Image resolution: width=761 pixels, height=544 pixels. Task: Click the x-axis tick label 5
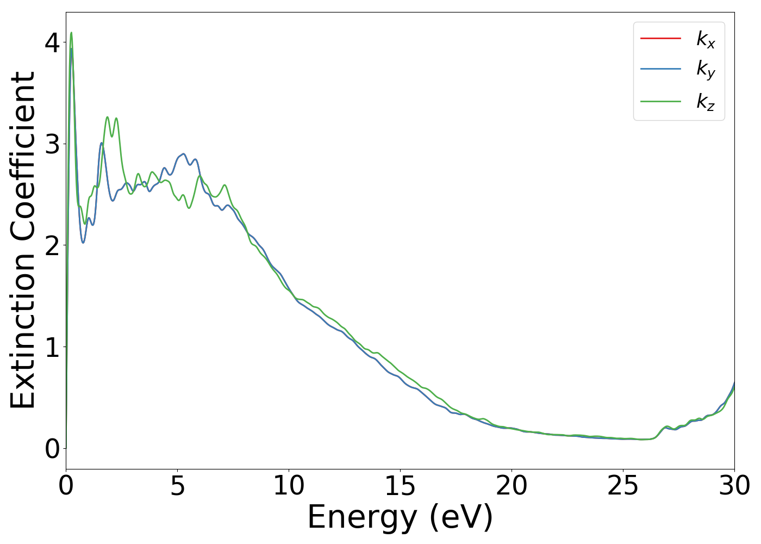178,486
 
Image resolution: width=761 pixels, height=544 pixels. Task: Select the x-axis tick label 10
289,486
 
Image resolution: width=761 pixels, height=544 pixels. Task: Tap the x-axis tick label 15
400,486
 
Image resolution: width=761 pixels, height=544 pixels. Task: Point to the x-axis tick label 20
512,486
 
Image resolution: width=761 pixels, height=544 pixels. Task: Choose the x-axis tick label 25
623,486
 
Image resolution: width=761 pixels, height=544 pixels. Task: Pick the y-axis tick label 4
52,42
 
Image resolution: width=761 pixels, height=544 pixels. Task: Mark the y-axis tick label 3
52,144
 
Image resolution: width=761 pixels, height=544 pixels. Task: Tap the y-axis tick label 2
52,246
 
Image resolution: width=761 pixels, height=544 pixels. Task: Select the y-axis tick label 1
52,347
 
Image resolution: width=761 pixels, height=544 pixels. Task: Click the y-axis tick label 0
52,449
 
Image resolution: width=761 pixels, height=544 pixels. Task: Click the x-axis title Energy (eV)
400,517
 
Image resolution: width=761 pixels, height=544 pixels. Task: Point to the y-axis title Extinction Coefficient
23,240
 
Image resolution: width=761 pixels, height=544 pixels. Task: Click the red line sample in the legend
660,38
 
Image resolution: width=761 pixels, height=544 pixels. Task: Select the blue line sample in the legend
660,69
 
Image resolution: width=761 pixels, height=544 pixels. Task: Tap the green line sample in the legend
660,101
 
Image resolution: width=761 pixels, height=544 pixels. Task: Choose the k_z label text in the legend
706,102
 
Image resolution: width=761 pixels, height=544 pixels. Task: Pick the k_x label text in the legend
706,39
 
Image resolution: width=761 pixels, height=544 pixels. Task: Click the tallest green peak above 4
71,33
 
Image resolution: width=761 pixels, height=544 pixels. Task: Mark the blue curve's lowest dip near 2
83,242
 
